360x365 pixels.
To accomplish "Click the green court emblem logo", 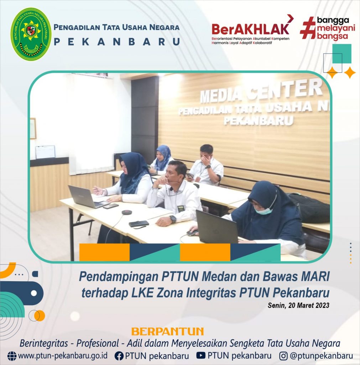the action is click(31, 34).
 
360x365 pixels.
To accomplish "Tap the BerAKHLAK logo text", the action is click(250, 29).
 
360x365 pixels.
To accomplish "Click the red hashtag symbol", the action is click(308, 28).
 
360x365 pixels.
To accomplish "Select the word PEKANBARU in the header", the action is click(117, 42).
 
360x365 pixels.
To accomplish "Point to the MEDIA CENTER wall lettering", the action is click(261, 91).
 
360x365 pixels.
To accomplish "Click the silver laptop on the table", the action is click(88, 197).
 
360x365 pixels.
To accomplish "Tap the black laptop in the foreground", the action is click(217, 227).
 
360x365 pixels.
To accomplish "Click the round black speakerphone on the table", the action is click(127, 212).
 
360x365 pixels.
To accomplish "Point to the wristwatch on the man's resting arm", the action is click(173, 219).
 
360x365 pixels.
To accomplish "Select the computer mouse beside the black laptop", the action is click(192, 232).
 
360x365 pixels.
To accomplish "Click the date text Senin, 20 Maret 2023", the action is click(298, 305).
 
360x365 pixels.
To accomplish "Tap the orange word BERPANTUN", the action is click(167, 331).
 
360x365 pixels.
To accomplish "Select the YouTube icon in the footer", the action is click(201, 355).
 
